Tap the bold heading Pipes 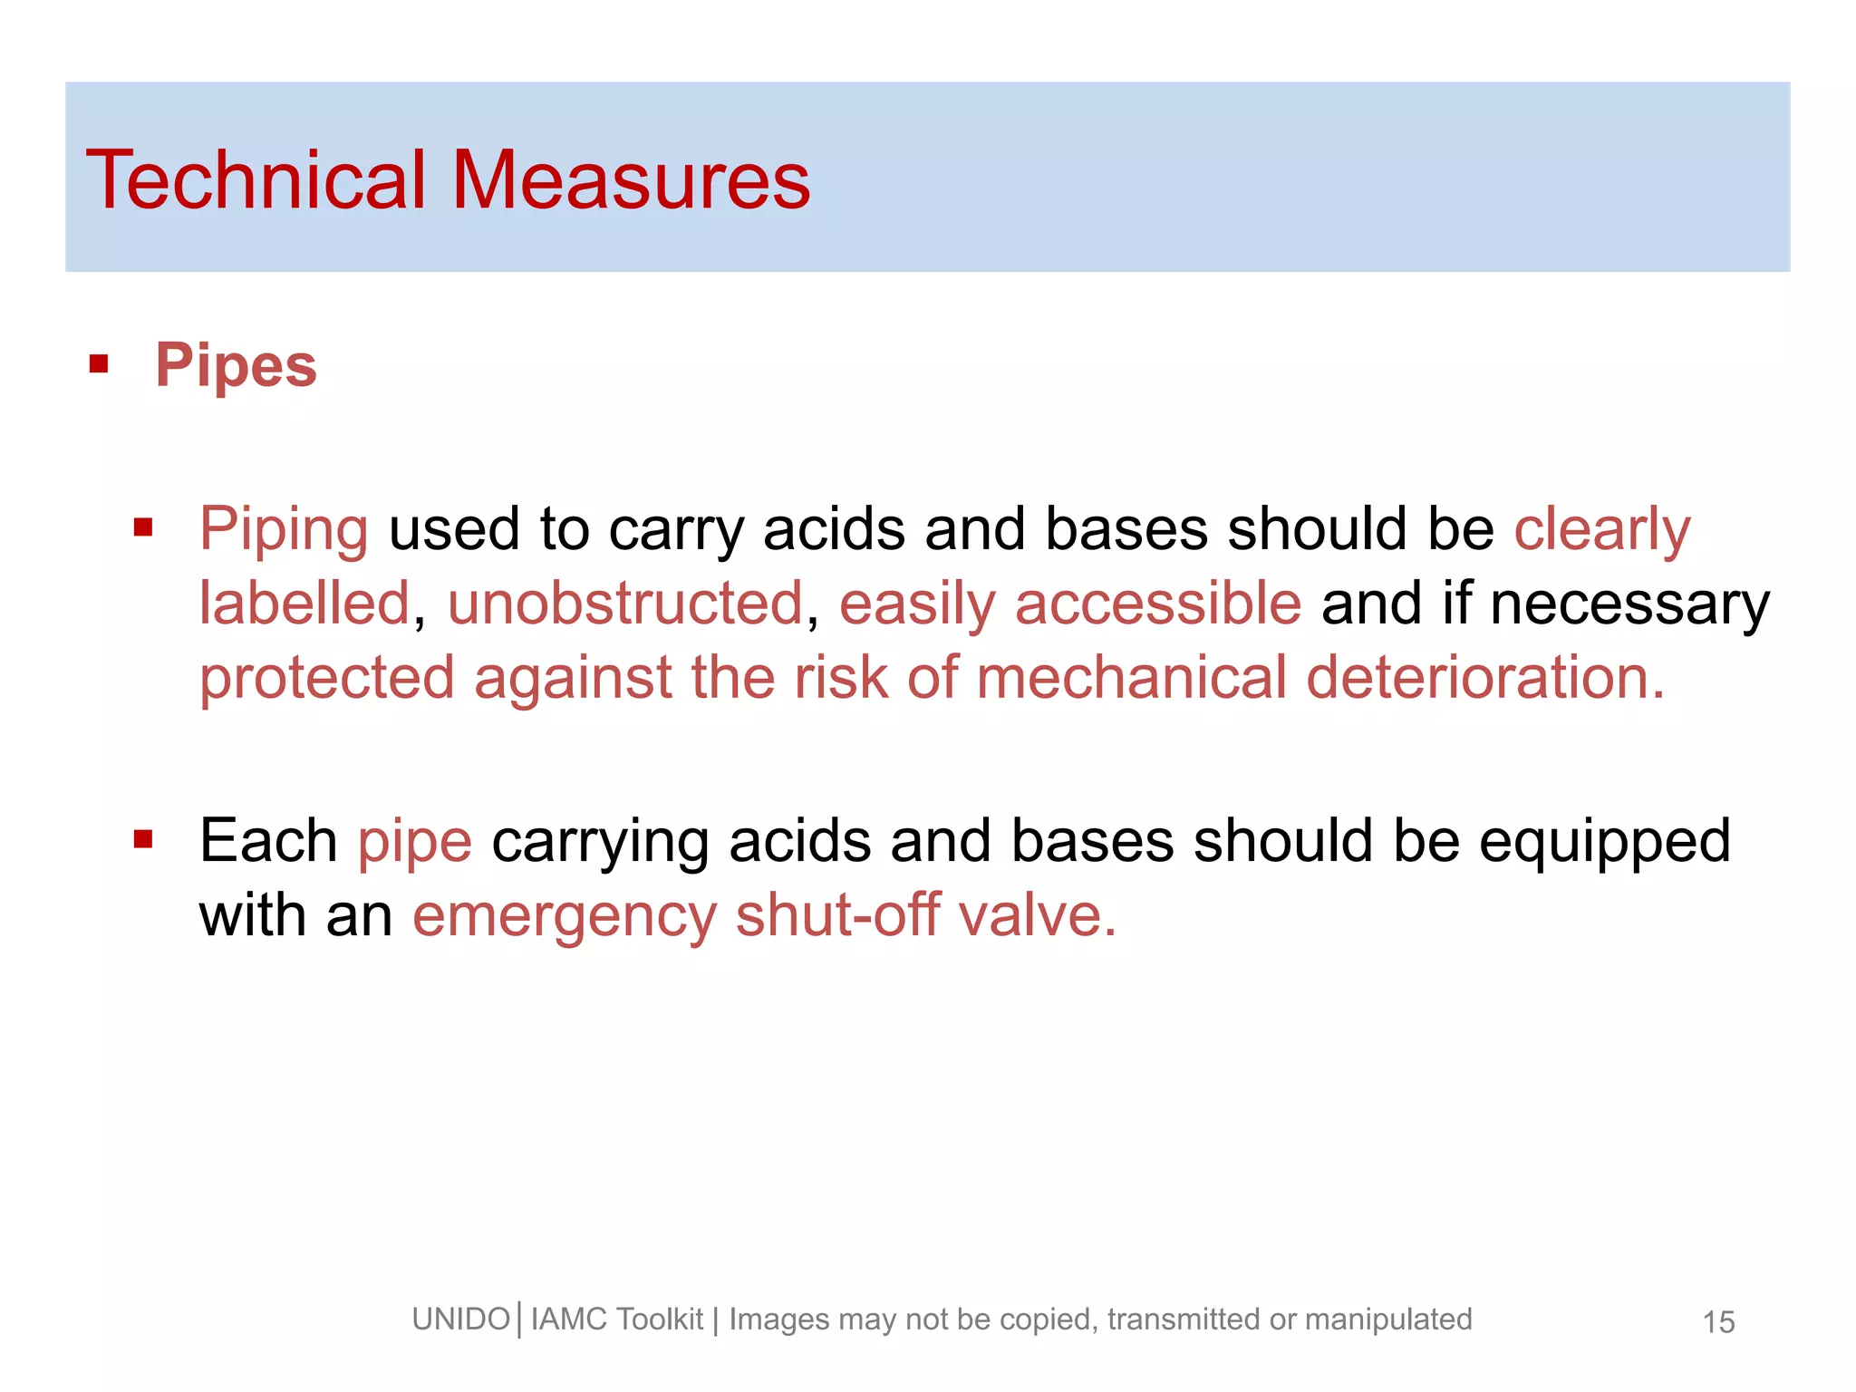[x=236, y=366]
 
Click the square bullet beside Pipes [x=99, y=365]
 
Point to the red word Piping [x=284, y=529]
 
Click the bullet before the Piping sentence [x=143, y=527]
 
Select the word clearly [x=1602, y=529]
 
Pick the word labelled [x=304, y=604]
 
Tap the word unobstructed [x=625, y=604]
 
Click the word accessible [x=1158, y=604]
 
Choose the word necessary [x=1629, y=605]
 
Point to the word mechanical [x=1131, y=678]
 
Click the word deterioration [x=1484, y=678]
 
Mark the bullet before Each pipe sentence [x=143, y=840]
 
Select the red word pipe [x=415, y=843]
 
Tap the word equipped [x=1604, y=843]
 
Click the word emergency [x=565, y=917]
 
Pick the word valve [x=1037, y=915]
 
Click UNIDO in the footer [x=461, y=1319]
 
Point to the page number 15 [x=1718, y=1322]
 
